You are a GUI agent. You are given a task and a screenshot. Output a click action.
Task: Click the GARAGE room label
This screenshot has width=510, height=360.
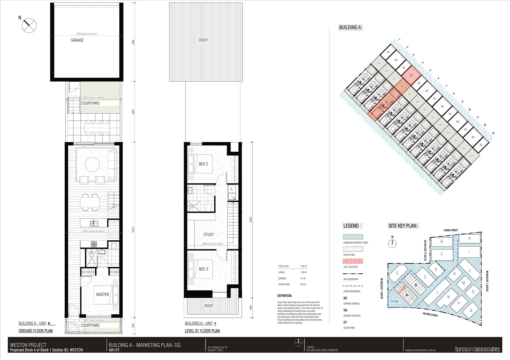[x=77, y=40]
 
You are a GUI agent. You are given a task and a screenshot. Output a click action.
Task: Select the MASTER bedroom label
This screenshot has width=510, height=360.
[x=102, y=294]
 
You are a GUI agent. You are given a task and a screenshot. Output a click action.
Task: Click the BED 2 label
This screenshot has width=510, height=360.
[x=203, y=164]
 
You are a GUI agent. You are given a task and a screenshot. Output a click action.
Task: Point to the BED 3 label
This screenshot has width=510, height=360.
[x=203, y=269]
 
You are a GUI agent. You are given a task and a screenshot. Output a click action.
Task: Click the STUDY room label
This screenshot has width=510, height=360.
[x=209, y=234]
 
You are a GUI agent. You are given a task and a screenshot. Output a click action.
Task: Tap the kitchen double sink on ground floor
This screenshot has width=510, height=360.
[x=94, y=223]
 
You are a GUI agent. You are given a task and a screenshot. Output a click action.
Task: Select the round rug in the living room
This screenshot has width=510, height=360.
[x=92, y=164]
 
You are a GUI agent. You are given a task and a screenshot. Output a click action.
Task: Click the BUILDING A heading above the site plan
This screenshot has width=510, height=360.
[x=350, y=28]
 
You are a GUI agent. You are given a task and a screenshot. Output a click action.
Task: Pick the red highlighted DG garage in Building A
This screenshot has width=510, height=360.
[x=411, y=75]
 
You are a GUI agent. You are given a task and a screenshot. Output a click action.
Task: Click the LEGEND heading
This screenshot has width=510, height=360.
[x=351, y=226]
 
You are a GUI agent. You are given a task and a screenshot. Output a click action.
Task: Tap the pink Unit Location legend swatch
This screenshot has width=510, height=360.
[x=353, y=261]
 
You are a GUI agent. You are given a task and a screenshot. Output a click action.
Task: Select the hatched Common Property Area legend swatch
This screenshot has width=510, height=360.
[x=353, y=237]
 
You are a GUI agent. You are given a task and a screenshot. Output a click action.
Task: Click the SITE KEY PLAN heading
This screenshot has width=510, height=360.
[x=403, y=226]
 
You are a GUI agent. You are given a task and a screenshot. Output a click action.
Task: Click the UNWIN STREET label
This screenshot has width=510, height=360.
[x=451, y=230]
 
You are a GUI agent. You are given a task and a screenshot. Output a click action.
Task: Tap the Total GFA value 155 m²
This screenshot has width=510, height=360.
[x=303, y=266]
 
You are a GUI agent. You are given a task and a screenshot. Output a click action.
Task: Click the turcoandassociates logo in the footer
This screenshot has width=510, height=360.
[x=477, y=349]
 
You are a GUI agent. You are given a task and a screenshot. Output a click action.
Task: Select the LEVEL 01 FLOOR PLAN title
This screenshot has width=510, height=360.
[x=202, y=331]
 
